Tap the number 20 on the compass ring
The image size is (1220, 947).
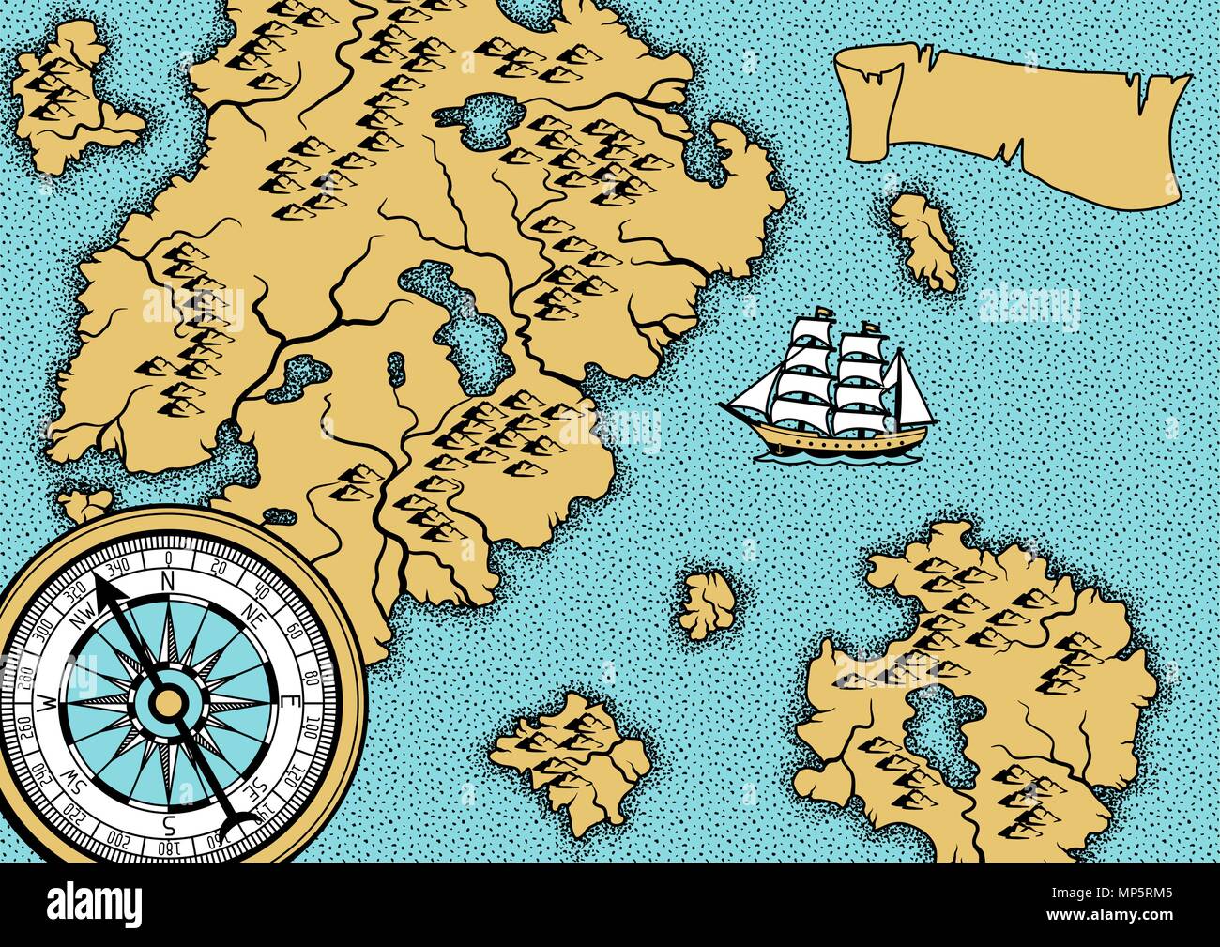tap(219, 566)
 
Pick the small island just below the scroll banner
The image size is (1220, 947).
tap(925, 239)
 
